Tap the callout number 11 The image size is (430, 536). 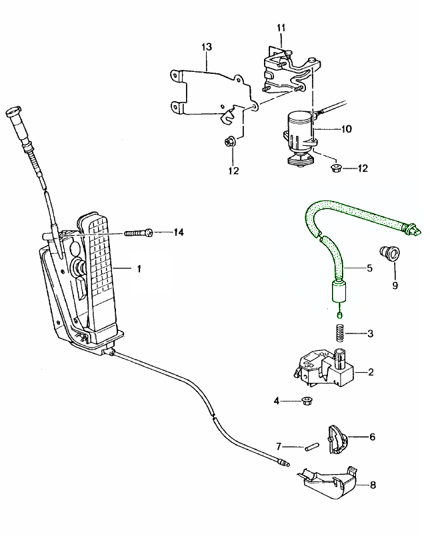click(281, 27)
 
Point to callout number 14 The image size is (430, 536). click(178, 232)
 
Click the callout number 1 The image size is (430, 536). click(139, 268)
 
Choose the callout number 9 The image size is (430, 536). click(394, 286)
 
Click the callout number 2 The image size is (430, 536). click(369, 372)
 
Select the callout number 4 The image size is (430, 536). click(276, 401)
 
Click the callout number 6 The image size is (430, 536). click(371, 437)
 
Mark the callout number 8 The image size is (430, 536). click(371, 486)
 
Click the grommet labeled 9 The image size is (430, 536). click(387, 254)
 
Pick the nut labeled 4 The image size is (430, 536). click(308, 401)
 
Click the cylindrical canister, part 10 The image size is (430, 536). click(298, 131)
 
